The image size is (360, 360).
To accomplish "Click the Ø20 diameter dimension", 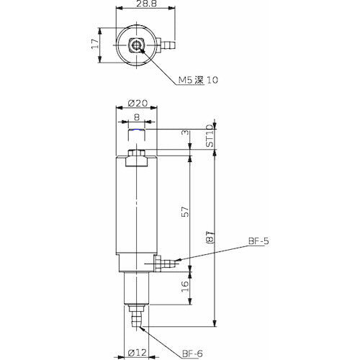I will click(136, 104).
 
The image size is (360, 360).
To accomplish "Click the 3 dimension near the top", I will click(186, 134).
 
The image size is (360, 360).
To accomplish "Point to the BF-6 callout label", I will click(191, 352).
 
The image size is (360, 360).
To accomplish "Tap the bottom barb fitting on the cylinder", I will click(136, 318).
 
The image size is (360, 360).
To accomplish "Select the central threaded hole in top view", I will click(136, 46).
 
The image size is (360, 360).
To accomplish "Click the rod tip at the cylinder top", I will click(136, 135).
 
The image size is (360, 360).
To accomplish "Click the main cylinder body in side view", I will click(136, 209).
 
